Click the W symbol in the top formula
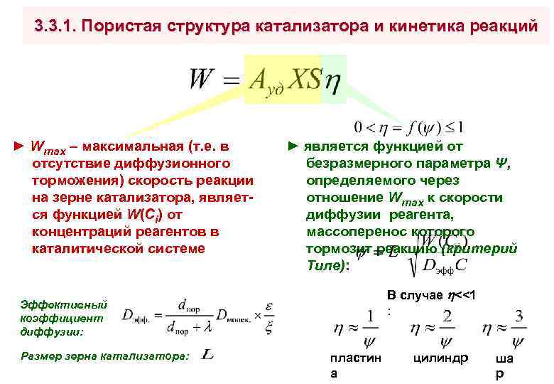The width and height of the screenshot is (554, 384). tap(202, 79)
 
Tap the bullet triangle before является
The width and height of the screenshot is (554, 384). tap(294, 146)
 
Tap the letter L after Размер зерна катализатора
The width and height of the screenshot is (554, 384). tap(208, 353)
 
